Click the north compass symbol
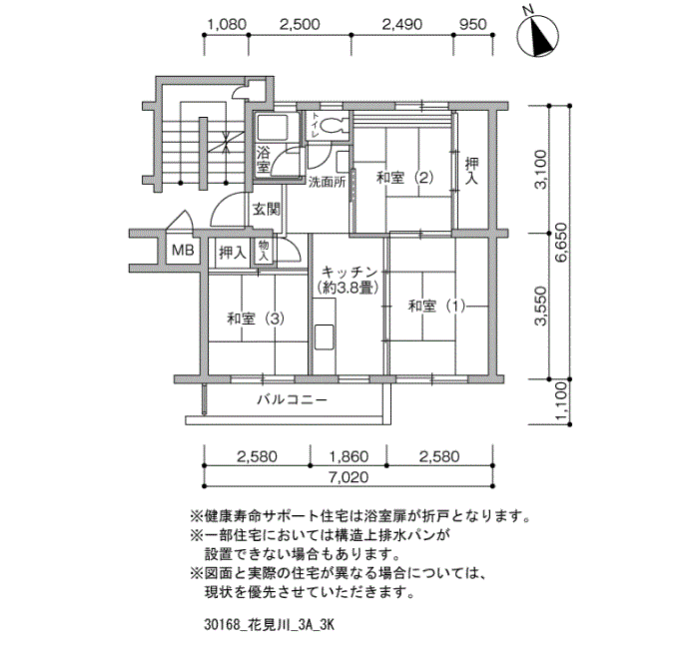click(538, 36)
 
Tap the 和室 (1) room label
click(437, 307)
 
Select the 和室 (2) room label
click(404, 178)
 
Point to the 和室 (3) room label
click(256, 320)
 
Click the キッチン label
click(349, 273)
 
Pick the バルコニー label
click(292, 399)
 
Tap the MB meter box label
click(183, 251)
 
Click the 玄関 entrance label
click(267, 209)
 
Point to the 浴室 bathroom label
click(263, 160)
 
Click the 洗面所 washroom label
click(328, 183)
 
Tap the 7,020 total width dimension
click(349, 477)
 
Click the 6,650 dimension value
click(561, 243)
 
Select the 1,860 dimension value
click(349, 456)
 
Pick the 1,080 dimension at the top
click(227, 24)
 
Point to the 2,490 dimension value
click(402, 24)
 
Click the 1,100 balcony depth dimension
click(561, 400)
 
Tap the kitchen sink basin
click(325, 337)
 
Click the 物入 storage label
click(264, 251)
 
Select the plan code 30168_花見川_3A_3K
click(270, 624)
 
